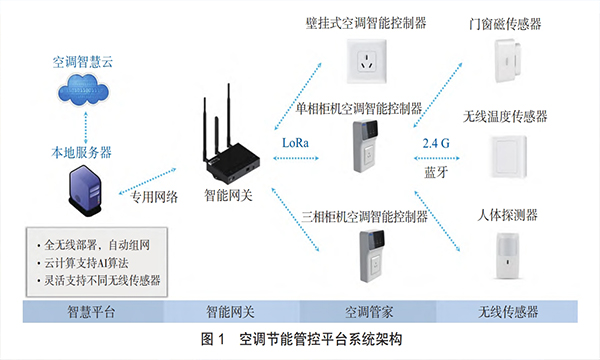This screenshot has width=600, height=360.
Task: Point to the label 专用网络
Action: coord(151,196)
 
